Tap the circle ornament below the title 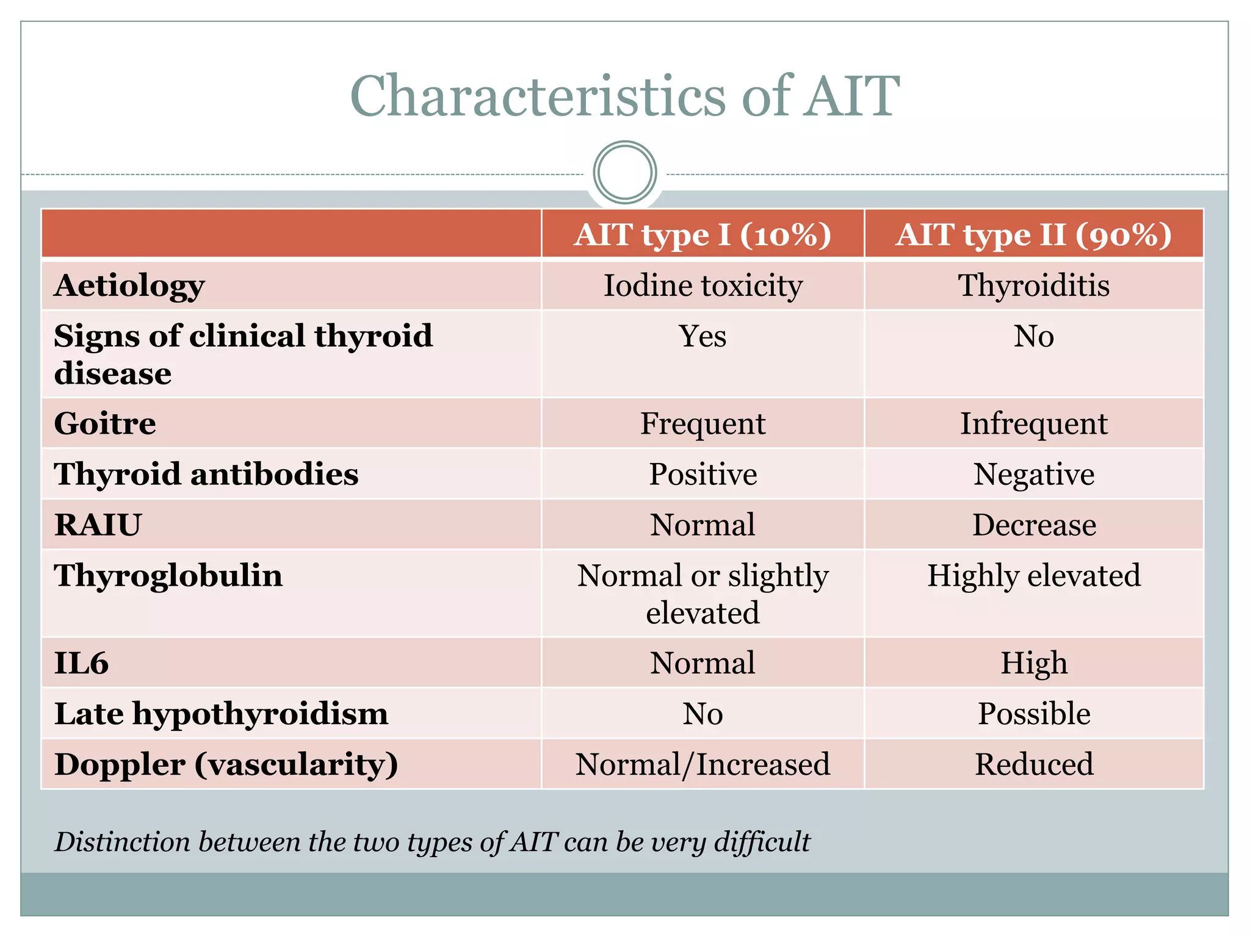coord(624,173)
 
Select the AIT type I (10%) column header coord(703,234)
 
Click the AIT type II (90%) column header coord(1033,234)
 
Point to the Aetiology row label coord(129,285)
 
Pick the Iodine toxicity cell coord(703,285)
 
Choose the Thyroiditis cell coord(1033,285)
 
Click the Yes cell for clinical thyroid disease coord(703,336)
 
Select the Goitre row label coord(105,423)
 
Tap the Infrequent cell coord(1033,423)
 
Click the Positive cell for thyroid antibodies coord(703,474)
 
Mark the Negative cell coord(1033,474)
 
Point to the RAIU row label coord(98,525)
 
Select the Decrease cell coord(1033,525)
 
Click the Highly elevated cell coord(1033,575)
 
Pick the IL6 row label coord(81,663)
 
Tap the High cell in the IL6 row coord(1033,663)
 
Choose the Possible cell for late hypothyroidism coord(1033,714)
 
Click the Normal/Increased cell coord(703,764)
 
